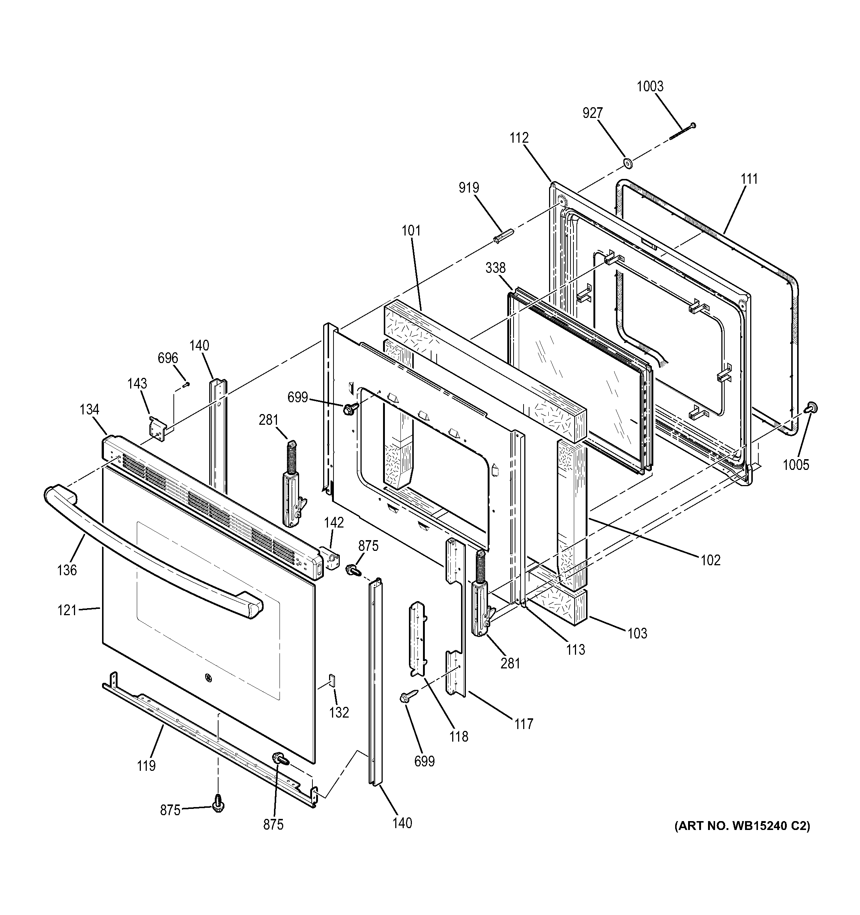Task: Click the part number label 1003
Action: (x=650, y=87)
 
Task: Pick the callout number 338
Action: (x=495, y=268)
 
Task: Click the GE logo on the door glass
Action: (x=208, y=677)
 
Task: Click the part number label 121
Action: (x=67, y=610)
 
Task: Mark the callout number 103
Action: (x=637, y=633)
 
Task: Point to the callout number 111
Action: (x=749, y=179)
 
